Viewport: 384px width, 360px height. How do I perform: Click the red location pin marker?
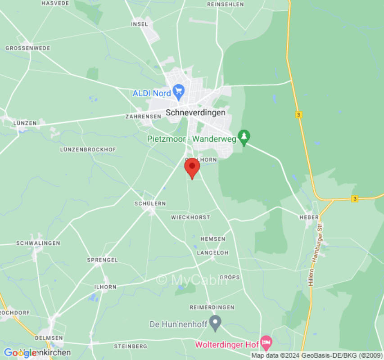click(192, 168)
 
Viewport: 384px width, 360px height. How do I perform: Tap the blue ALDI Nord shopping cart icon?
click(179, 92)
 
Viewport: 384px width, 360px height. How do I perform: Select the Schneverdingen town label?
click(195, 112)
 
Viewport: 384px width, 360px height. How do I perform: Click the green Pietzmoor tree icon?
click(244, 137)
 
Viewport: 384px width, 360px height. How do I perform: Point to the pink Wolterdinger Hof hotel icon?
click(266, 344)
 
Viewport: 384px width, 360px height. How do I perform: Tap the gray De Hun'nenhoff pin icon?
click(216, 323)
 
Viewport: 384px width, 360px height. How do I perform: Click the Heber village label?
click(309, 217)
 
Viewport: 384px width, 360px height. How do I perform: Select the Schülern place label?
click(150, 203)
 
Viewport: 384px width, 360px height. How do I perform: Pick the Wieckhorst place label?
click(190, 217)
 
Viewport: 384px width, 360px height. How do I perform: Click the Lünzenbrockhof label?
click(88, 149)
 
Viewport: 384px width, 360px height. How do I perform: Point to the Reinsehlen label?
click(226, 4)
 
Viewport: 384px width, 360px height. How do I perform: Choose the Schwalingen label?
click(38, 243)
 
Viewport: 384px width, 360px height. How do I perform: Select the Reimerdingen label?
click(212, 307)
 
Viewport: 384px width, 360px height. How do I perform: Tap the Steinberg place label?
click(131, 346)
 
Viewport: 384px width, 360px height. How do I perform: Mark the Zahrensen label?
click(143, 116)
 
